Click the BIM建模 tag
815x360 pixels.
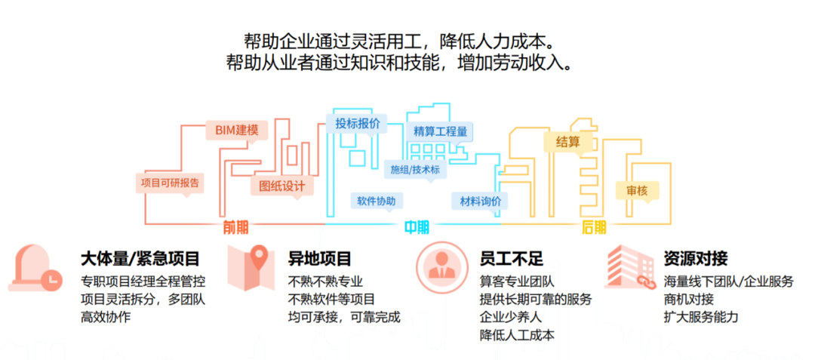[x=236, y=130]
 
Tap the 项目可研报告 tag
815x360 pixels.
[x=171, y=182]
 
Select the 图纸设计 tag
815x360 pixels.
[x=281, y=185]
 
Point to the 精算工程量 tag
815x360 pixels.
[x=440, y=131]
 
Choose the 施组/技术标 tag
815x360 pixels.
[x=414, y=170]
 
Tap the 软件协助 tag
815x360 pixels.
[x=376, y=201]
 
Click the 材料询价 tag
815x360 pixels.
[x=480, y=201]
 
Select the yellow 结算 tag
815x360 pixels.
[x=567, y=141]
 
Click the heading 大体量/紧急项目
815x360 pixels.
[x=140, y=260]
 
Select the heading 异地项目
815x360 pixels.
[x=320, y=260]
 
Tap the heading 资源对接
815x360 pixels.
[x=696, y=260]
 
